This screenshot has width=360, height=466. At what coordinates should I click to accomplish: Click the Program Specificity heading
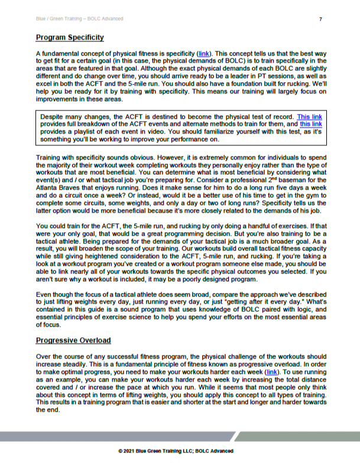pyautogui.click(x=70, y=38)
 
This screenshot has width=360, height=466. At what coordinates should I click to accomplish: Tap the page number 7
pyautogui.click(x=320, y=19)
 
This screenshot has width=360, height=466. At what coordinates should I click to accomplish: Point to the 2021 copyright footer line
pyautogui.click(x=176, y=451)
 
